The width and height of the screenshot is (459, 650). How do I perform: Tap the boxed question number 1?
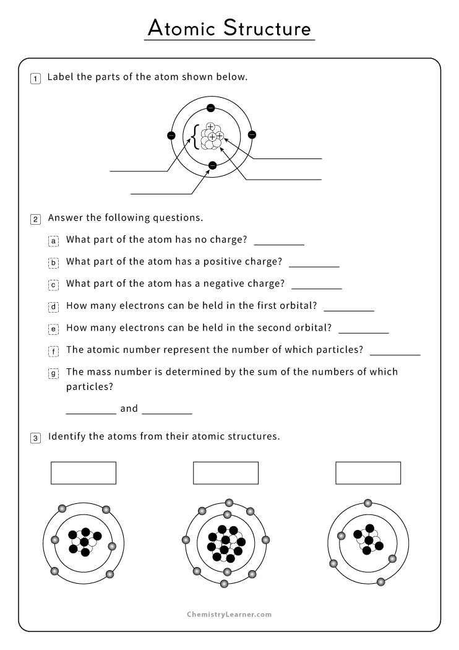point(36,78)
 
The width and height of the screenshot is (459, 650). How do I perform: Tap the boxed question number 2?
point(36,219)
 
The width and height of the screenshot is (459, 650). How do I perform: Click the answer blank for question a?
point(279,241)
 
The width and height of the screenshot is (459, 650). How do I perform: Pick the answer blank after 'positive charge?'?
point(314,263)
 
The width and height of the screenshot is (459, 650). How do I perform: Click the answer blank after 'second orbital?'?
point(364,329)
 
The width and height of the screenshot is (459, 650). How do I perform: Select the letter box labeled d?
point(54,306)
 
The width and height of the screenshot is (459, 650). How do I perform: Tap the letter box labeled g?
point(54,373)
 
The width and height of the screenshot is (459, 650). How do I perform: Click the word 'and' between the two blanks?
point(129,409)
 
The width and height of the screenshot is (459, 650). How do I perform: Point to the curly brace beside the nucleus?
point(195,137)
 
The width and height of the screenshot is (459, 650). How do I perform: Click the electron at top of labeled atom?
point(211,108)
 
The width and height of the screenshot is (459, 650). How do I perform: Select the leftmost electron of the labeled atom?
point(171,136)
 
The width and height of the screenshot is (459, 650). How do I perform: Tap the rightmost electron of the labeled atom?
point(252,136)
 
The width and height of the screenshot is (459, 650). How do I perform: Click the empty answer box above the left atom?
point(84,473)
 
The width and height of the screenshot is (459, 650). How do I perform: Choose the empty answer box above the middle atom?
point(226,473)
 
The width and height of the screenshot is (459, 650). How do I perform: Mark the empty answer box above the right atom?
point(368,473)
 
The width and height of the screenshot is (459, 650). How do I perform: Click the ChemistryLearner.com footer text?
point(229,615)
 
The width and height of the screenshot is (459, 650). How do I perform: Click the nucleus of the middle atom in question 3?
point(226,542)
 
